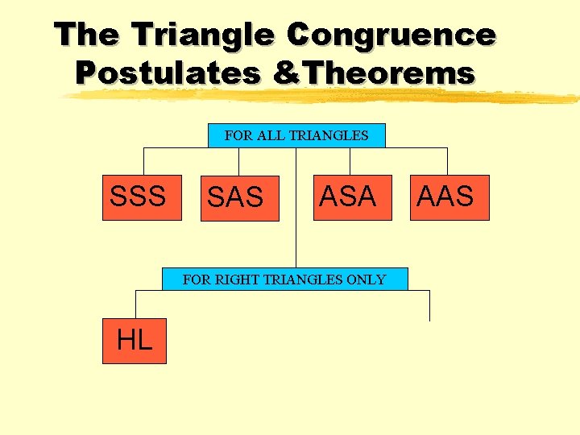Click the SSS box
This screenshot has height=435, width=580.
coord(137,197)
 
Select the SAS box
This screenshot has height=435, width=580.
coord(239,198)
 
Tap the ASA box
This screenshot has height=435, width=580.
coord(348,197)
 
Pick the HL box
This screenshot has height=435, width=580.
coord(135,341)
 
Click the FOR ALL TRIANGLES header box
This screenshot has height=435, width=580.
coord(296,135)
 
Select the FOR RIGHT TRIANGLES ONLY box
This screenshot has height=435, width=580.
coord(284,280)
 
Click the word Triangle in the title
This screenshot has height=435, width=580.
coord(205,35)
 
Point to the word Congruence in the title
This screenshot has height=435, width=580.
coord(391,35)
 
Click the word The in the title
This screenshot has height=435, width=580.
coord(87,35)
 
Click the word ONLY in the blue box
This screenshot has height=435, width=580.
coord(366,280)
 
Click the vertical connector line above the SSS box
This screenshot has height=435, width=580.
coord(144,161)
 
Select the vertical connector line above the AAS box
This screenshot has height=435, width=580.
coord(448,161)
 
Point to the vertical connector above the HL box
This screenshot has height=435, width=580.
coord(135,304)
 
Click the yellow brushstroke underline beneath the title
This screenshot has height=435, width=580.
coord(322,97)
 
